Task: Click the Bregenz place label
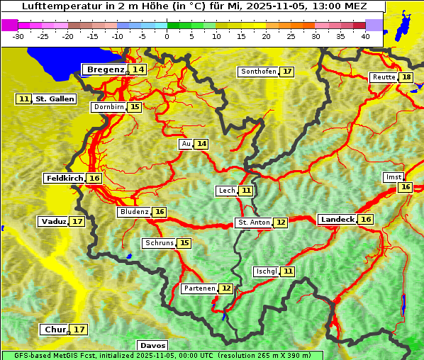point(105,69)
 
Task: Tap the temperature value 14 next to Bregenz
point(138,69)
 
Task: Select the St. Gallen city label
point(55,99)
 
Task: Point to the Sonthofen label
point(259,72)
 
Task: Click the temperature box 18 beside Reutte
point(406,77)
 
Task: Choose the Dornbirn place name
point(108,107)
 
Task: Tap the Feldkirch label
point(65,179)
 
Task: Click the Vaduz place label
point(53,222)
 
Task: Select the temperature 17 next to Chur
point(79,330)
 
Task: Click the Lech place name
point(226,191)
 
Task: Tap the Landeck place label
point(337,220)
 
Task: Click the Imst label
point(392,176)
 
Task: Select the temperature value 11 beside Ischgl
point(288,271)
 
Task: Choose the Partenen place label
point(199,288)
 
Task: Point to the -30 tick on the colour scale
point(18,36)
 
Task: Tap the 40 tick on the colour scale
point(365,36)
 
